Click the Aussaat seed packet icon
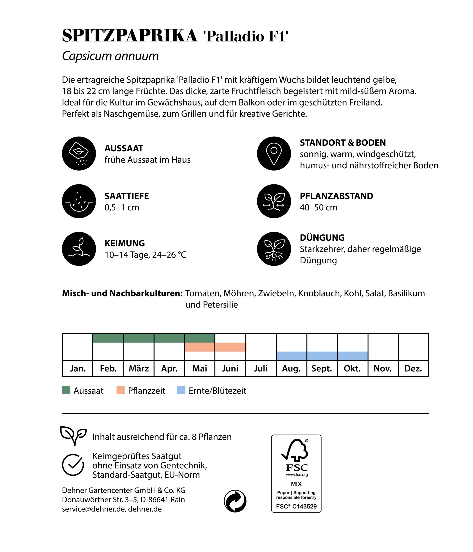pyautogui.click(x=79, y=153)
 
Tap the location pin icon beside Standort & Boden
pyautogui.click(x=274, y=153)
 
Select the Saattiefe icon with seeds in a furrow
pyautogui.click(x=79, y=201)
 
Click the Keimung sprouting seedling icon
pyautogui.click(x=79, y=249)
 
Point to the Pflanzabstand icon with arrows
pyautogui.click(x=274, y=201)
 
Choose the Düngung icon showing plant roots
pyautogui.click(x=274, y=249)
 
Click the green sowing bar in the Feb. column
pyautogui.click(x=108, y=338)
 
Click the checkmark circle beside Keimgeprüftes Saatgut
pyautogui.click(x=73, y=465)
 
